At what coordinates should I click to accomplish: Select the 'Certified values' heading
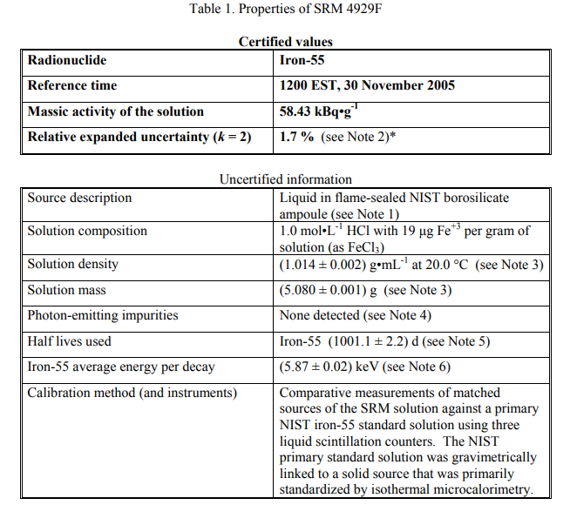(x=285, y=41)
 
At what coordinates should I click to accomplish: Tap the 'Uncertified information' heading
(x=285, y=179)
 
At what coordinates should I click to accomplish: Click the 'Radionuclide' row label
(x=68, y=60)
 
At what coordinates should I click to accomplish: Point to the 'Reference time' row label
(x=72, y=85)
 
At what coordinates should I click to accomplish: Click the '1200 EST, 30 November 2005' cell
(x=367, y=85)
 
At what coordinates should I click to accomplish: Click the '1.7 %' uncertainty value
(x=296, y=137)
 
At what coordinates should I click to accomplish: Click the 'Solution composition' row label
(x=87, y=232)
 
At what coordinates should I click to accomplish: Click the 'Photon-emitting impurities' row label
(x=102, y=315)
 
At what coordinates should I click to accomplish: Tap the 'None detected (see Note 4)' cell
(x=355, y=315)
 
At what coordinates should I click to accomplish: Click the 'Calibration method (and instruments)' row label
(x=132, y=393)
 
